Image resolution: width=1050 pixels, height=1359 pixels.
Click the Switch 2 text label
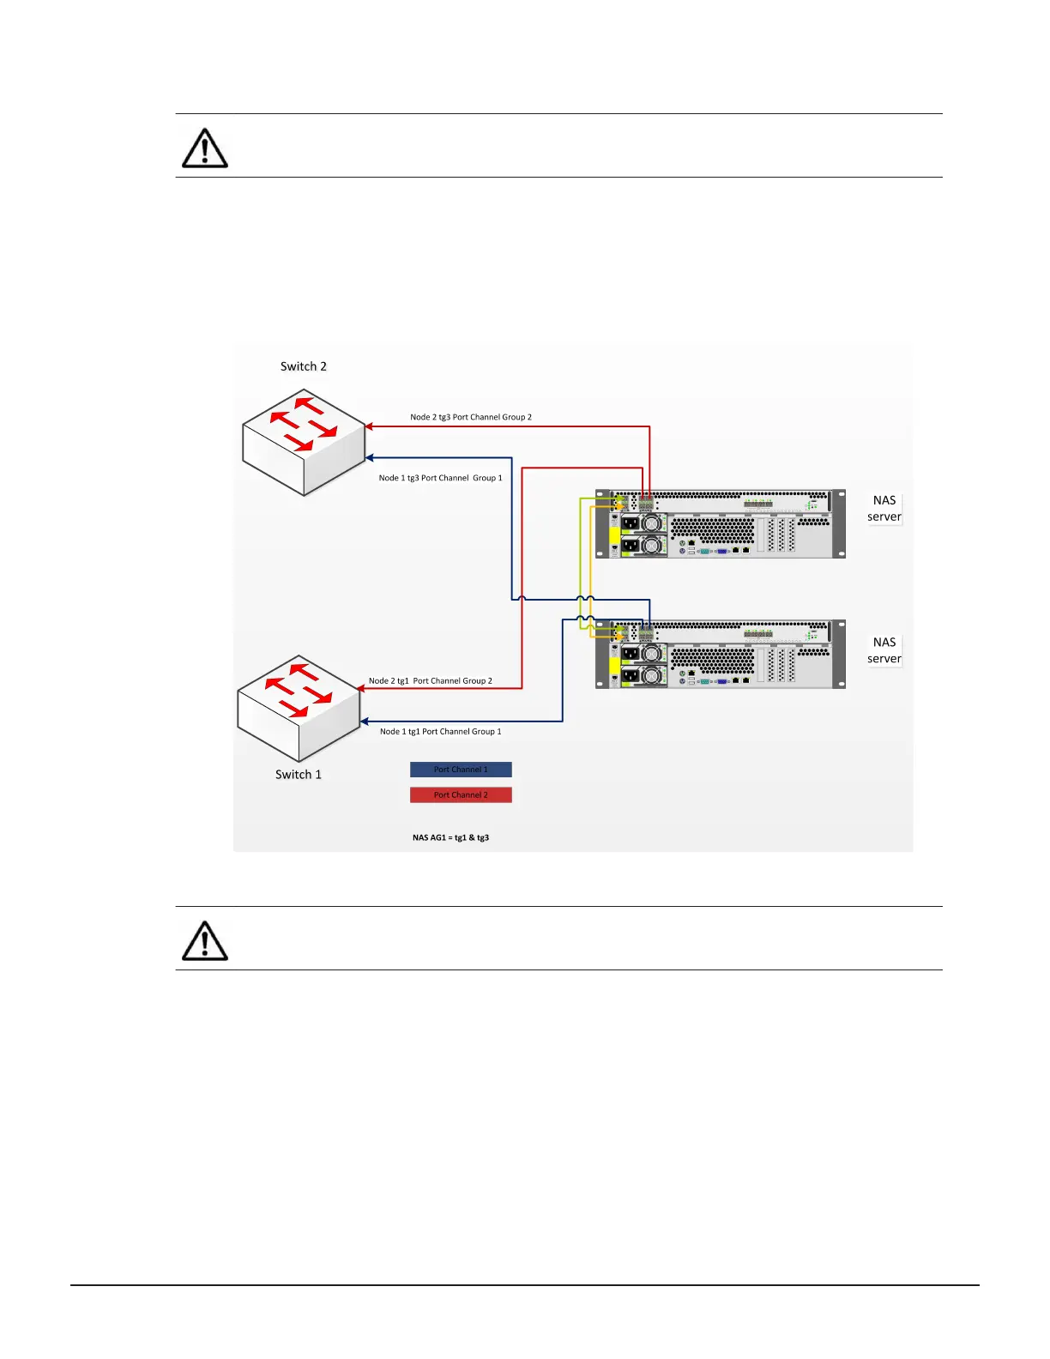point(304,366)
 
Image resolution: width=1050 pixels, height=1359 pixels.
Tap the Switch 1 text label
point(299,774)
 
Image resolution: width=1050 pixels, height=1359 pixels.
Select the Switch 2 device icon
point(305,443)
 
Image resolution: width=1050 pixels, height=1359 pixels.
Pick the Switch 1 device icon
point(299,709)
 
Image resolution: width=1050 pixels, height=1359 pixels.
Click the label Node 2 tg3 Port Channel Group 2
point(471,417)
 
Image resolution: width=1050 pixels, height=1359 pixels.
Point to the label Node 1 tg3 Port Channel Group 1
point(441,478)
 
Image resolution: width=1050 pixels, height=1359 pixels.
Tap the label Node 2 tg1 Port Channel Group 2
point(431,681)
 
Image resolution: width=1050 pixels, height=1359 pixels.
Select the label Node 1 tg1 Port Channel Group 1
point(441,732)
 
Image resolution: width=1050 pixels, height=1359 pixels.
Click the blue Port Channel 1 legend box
point(461,770)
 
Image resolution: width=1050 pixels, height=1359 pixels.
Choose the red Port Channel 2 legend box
point(461,795)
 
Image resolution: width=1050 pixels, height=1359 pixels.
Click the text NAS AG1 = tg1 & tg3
point(450,837)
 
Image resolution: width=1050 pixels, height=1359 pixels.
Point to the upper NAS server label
point(884,508)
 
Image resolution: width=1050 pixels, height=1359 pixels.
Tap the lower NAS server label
point(884,650)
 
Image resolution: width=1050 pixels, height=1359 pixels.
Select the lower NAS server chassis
point(721,654)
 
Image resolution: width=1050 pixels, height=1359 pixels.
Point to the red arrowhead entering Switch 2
point(369,426)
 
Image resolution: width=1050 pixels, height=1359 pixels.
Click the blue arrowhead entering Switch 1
point(365,722)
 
